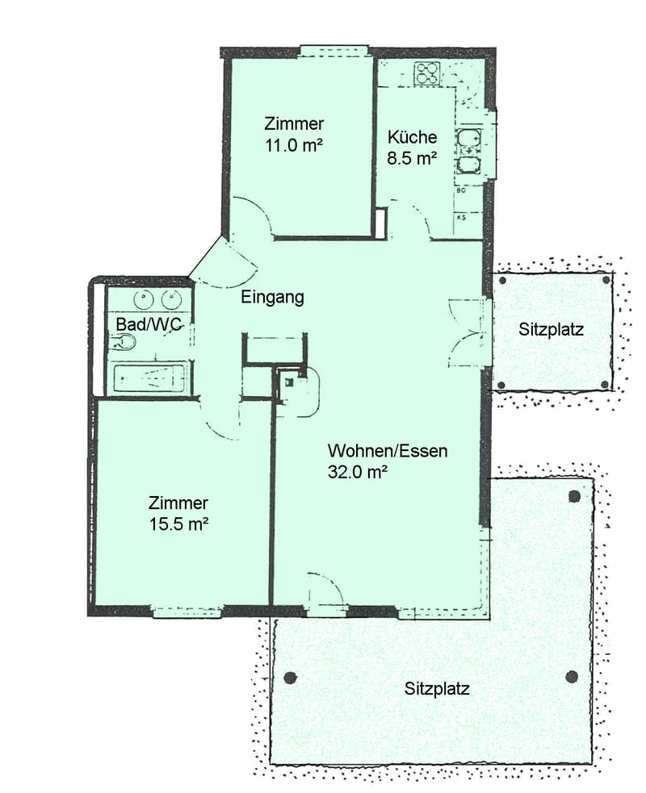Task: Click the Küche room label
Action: [x=412, y=137]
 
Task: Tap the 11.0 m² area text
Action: [x=294, y=146]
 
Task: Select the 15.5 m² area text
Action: [x=178, y=524]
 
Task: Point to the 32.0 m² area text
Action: [x=358, y=472]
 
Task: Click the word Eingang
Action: [x=272, y=297]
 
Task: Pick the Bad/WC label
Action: [x=149, y=324]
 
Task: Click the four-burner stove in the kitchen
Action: [x=428, y=73]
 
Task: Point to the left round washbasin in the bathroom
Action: [x=144, y=300]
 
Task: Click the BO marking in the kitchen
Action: [x=461, y=190]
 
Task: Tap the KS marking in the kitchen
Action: [x=461, y=218]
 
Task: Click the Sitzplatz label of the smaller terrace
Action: [x=551, y=330]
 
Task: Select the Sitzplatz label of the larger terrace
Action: [x=437, y=688]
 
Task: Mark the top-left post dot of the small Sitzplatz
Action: [x=502, y=280]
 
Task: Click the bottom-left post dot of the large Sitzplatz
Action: [x=290, y=677]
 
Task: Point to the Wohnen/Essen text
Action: [x=388, y=450]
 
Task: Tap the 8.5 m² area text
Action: [x=412, y=158]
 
